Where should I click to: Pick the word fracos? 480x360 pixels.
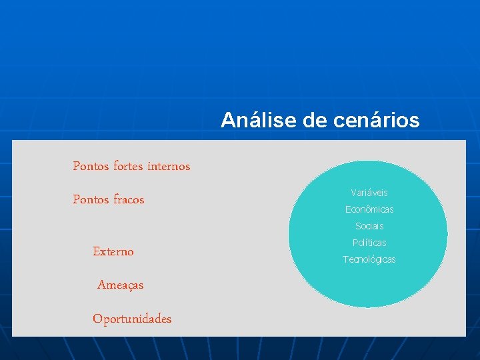(129, 199)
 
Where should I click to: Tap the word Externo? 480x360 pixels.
(113, 251)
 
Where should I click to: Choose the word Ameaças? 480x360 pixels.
(120, 285)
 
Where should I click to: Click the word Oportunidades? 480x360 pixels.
(132, 319)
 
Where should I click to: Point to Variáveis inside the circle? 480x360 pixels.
(369, 193)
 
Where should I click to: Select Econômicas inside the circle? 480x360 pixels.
(369, 209)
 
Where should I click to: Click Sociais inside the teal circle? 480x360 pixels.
(369, 226)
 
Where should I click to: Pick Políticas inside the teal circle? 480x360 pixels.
(369, 243)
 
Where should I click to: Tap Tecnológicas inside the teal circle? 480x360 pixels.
(369, 259)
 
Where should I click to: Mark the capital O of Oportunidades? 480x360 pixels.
(97, 319)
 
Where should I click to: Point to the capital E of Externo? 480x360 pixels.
(97, 251)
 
